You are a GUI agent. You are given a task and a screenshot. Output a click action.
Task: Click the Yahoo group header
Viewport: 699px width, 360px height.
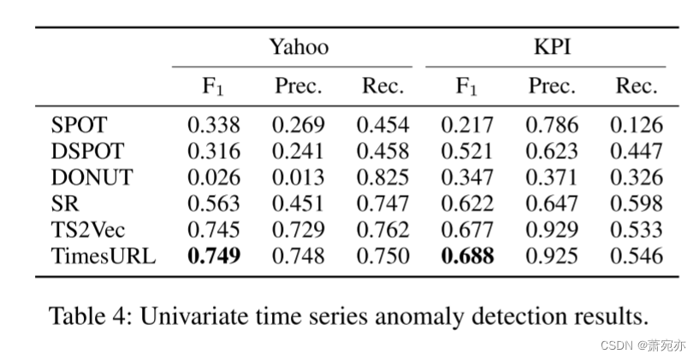(x=299, y=48)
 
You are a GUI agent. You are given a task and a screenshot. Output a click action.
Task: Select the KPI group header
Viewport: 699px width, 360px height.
(x=551, y=48)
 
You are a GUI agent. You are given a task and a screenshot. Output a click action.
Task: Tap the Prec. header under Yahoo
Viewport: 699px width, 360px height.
(x=298, y=86)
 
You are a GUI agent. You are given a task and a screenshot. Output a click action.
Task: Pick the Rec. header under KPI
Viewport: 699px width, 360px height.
(x=636, y=86)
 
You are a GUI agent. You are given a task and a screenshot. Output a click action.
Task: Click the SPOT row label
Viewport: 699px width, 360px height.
(x=80, y=126)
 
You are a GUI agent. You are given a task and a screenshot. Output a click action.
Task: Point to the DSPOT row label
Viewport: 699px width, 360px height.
(x=87, y=152)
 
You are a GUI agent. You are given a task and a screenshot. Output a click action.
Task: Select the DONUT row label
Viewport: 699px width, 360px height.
(x=92, y=178)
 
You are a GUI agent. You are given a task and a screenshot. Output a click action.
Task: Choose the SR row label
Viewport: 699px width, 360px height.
(x=65, y=204)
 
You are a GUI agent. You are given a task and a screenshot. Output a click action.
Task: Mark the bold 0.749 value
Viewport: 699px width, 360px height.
(x=214, y=257)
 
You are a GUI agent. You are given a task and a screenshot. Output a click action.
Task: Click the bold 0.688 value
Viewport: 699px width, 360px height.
(x=467, y=257)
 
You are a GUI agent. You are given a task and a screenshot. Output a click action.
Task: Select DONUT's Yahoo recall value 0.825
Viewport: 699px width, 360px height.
(x=382, y=178)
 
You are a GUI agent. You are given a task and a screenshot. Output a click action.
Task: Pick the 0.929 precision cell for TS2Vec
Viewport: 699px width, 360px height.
(x=551, y=230)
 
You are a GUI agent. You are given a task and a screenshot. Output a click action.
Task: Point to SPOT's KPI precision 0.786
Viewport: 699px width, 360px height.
(x=551, y=126)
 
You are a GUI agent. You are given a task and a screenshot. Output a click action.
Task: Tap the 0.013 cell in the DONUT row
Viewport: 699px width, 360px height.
(x=298, y=178)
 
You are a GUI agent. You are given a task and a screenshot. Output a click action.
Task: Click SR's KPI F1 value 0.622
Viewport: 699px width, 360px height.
(x=467, y=204)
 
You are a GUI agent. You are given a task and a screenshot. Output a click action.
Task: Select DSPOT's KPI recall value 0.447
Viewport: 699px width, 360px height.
(x=636, y=152)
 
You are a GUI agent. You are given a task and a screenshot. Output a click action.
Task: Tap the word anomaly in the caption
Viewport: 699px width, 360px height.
(x=422, y=317)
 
